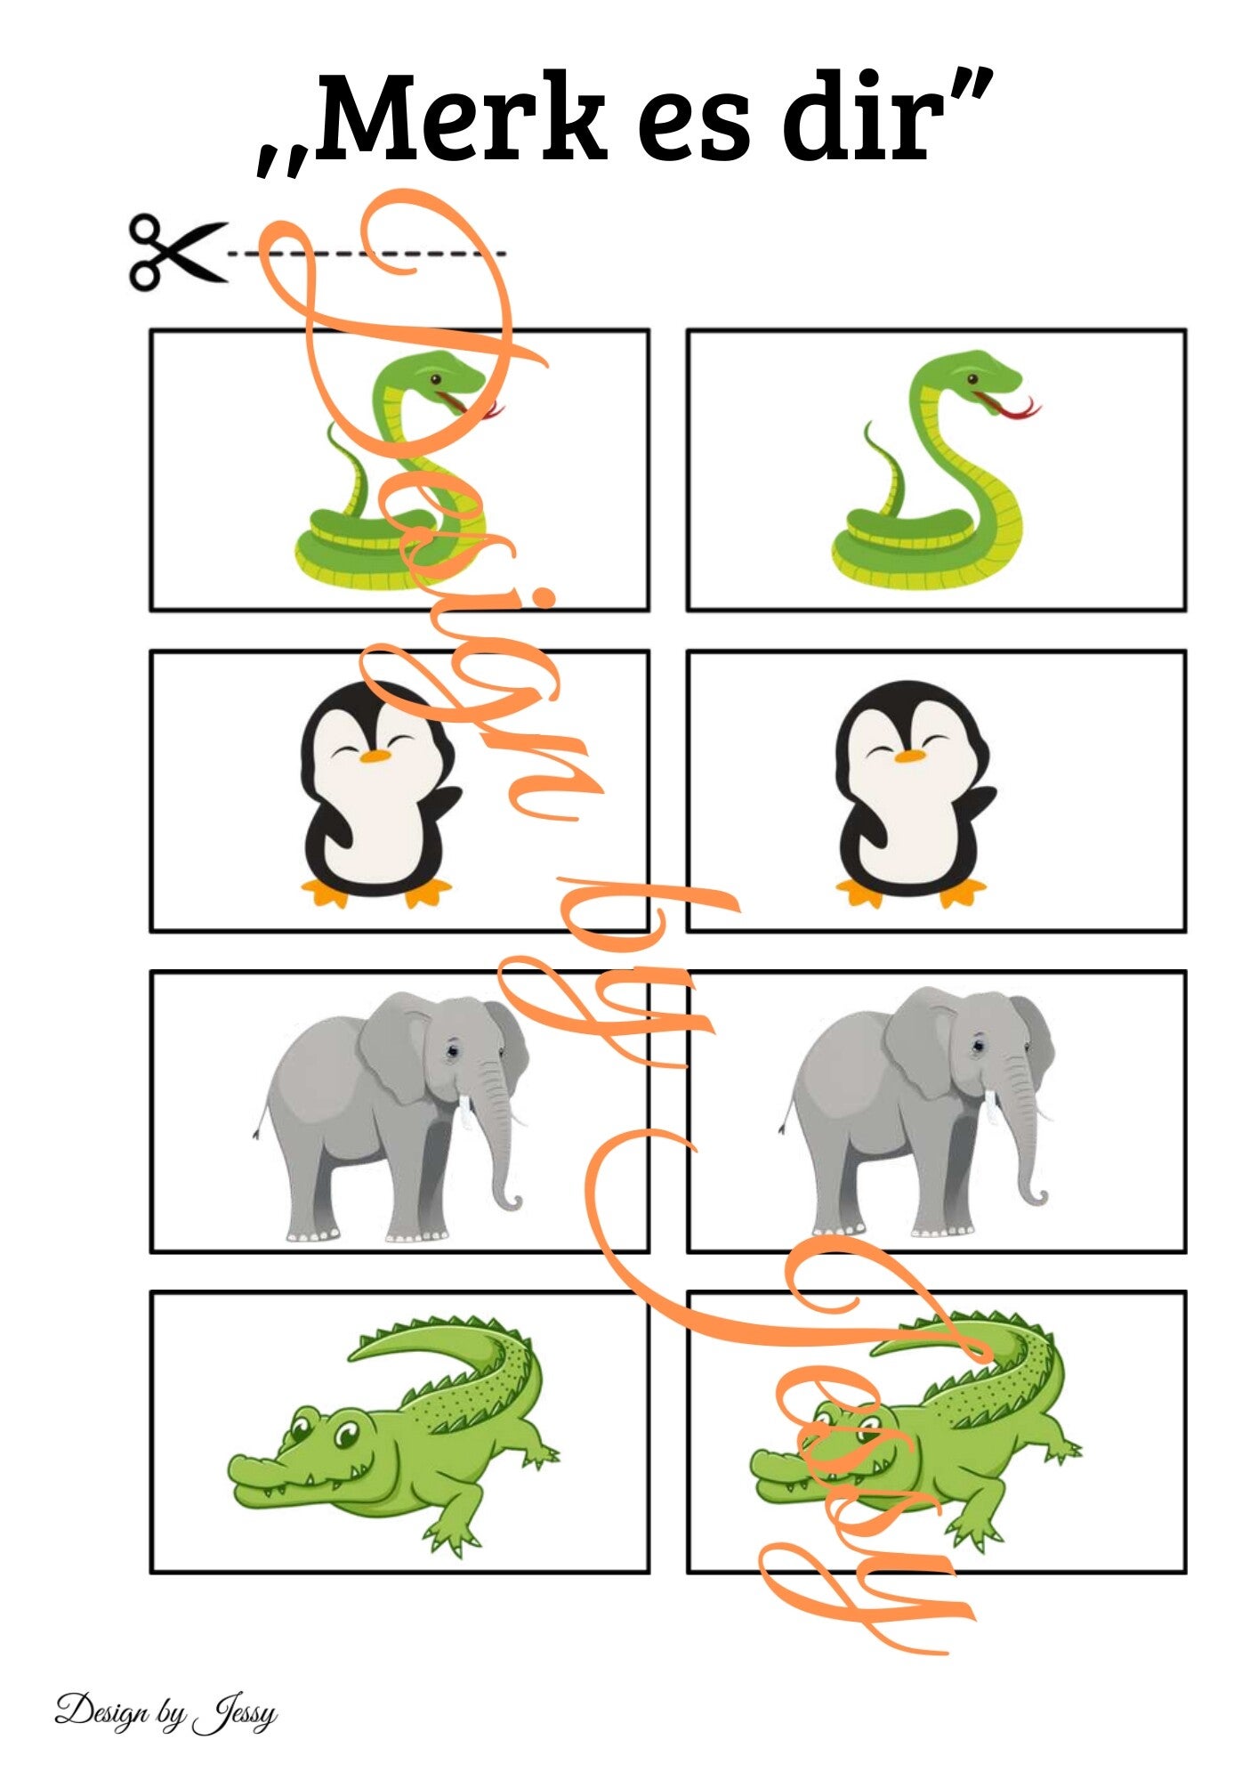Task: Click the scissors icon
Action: pyautogui.click(x=177, y=252)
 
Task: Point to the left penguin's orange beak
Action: pyautogui.click(x=375, y=756)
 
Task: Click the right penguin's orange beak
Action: pyautogui.click(x=910, y=756)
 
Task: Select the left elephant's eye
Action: pyautogui.click(x=452, y=1051)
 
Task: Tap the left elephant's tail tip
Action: pyautogui.click(x=255, y=1134)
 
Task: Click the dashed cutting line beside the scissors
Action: pyautogui.click(x=367, y=254)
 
